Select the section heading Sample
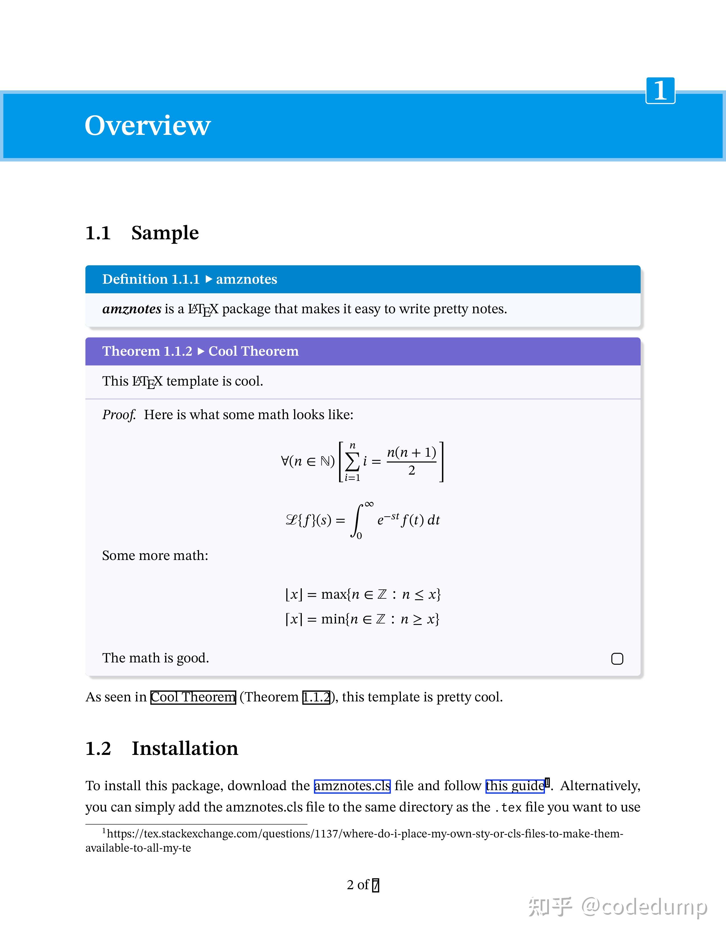tap(165, 233)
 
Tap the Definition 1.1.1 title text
tap(151, 279)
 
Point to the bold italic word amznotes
tap(132, 309)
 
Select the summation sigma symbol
tap(352, 462)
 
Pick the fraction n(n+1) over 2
tap(412, 461)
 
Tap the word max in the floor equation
tap(334, 595)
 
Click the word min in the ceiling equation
tap(333, 619)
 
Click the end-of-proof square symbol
tap(617, 659)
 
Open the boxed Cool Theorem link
tap(193, 697)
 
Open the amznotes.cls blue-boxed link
tap(352, 786)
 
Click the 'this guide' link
tap(515, 786)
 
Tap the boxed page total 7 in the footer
tap(376, 885)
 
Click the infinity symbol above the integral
tap(369, 504)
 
